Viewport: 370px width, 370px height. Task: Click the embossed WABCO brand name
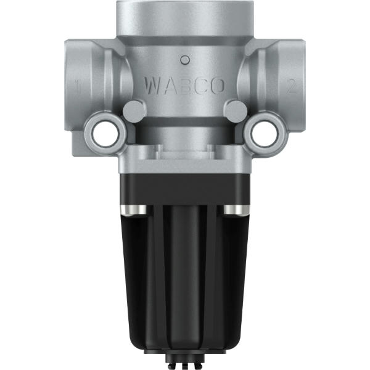(184, 86)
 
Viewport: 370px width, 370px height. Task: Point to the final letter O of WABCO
(216, 86)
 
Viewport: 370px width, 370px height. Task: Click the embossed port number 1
(78, 86)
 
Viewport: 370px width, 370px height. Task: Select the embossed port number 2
(292, 86)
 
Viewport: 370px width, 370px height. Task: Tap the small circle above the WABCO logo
(185, 60)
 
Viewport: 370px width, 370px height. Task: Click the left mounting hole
(105, 134)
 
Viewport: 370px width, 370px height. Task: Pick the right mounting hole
(264, 134)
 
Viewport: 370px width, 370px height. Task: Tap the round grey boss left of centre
(134, 110)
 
